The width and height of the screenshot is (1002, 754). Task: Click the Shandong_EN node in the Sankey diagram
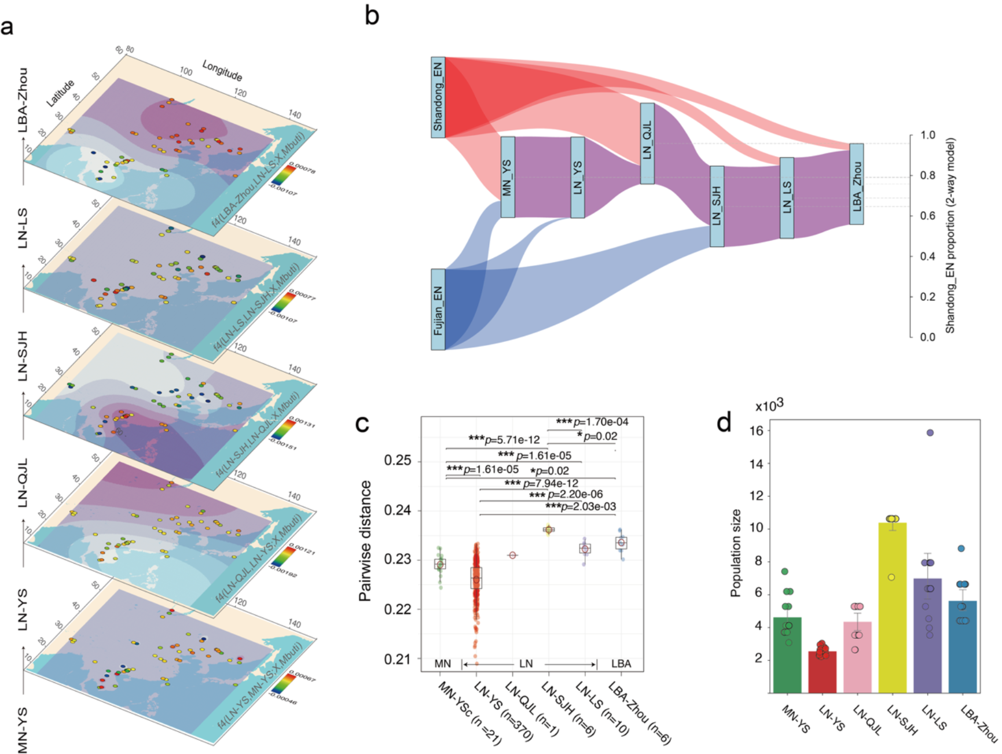coord(438,97)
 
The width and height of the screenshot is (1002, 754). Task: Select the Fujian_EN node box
coord(438,309)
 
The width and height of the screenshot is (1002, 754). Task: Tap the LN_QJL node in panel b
coord(647,144)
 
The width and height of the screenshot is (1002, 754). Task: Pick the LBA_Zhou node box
coord(857,184)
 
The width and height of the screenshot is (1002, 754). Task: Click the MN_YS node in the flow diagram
coord(508,177)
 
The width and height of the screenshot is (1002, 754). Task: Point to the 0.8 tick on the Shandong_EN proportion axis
coord(927,175)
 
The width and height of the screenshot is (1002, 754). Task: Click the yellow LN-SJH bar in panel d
coord(893,607)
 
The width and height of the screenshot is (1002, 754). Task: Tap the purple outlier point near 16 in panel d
coord(930,433)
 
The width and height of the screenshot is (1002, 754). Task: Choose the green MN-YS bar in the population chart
coord(787,654)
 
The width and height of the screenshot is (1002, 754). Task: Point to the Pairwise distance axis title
coord(365,541)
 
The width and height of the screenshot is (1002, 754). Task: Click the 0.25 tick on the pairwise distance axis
coord(398,461)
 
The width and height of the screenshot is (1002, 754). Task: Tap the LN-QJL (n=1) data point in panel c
coord(512,555)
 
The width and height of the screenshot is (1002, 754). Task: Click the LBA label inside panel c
coord(621,664)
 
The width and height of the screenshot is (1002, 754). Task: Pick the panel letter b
coord(372,15)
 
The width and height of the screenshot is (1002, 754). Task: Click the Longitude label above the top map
coord(222,71)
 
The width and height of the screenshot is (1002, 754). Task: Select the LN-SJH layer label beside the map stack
coord(23,356)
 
